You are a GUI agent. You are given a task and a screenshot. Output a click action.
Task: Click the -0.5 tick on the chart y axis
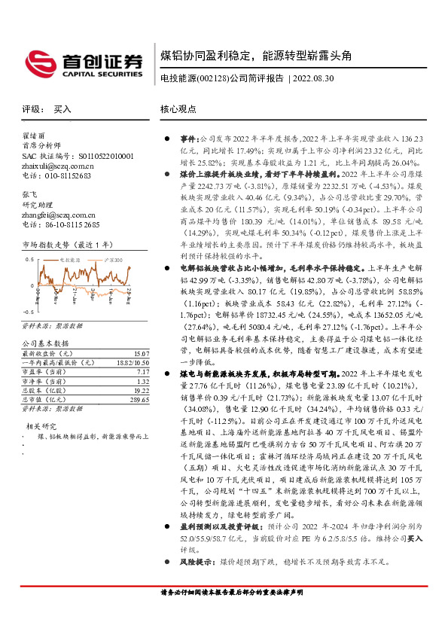(x=29, y=311)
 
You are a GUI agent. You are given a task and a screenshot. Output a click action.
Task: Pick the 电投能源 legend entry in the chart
(x=73, y=260)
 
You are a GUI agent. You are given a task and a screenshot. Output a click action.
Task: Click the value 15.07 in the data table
(x=140, y=353)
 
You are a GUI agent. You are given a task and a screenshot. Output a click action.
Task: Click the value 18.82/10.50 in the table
(x=131, y=363)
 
